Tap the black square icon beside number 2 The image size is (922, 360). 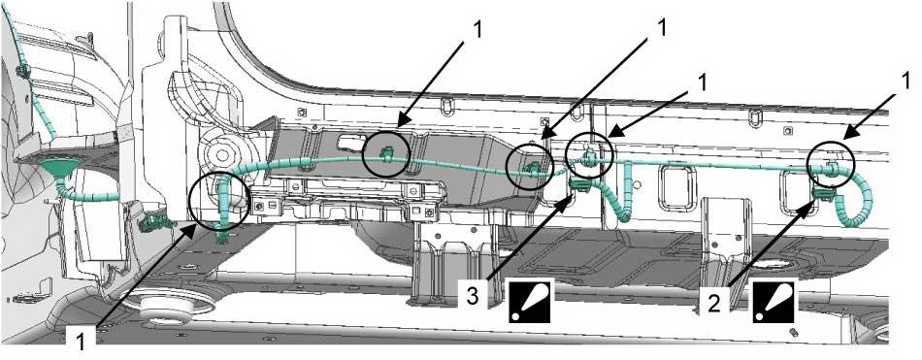tap(774, 300)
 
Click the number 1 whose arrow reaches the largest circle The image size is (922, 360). tap(82, 341)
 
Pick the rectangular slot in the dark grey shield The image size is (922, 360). tap(351, 142)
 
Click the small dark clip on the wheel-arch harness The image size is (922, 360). tap(23, 73)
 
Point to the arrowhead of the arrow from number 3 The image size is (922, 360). tap(568, 198)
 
